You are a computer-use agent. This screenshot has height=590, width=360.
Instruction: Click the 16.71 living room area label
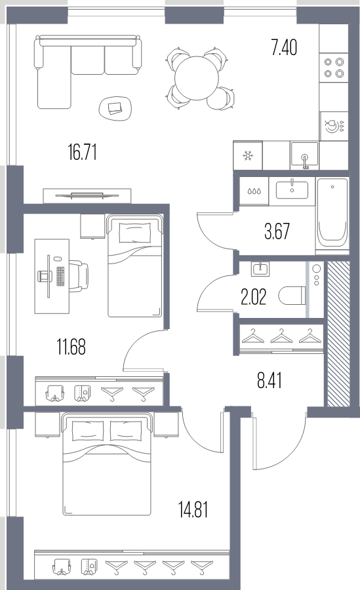click(x=83, y=153)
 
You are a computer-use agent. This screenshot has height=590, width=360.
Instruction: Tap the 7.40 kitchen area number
click(x=284, y=48)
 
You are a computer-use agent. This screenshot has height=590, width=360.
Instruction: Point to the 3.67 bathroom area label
click(x=277, y=231)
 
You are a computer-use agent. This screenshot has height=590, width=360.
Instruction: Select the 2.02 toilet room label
click(x=253, y=297)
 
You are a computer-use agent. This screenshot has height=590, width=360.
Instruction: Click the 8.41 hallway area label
click(x=270, y=380)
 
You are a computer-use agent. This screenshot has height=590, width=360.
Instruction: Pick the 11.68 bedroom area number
click(x=71, y=347)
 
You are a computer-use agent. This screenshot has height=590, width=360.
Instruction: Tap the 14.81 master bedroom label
click(x=193, y=510)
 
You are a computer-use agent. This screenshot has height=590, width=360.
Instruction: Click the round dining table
click(x=197, y=78)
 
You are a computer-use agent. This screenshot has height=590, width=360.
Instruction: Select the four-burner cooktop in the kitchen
click(x=334, y=68)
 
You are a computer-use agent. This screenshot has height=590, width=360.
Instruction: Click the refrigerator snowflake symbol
click(x=248, y=155)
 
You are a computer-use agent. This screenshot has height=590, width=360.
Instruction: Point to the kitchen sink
click(x=304, y=156)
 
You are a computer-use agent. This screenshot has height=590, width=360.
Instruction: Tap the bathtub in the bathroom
click(x=332, y=216)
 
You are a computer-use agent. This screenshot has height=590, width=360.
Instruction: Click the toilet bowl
click(x=292, y=296)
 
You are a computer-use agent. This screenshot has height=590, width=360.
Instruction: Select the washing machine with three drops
click(x=254, y=191)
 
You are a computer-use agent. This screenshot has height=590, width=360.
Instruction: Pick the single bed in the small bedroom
click(x=135, y=265)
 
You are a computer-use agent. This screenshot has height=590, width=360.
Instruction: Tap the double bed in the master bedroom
click(x=108, y=464)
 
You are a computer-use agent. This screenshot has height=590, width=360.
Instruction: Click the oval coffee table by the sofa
click(x=115, y=108)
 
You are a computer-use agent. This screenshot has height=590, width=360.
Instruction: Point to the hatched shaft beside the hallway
click(x=338, y=334)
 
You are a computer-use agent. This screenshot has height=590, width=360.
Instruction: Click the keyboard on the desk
click(x=60, y=277)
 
